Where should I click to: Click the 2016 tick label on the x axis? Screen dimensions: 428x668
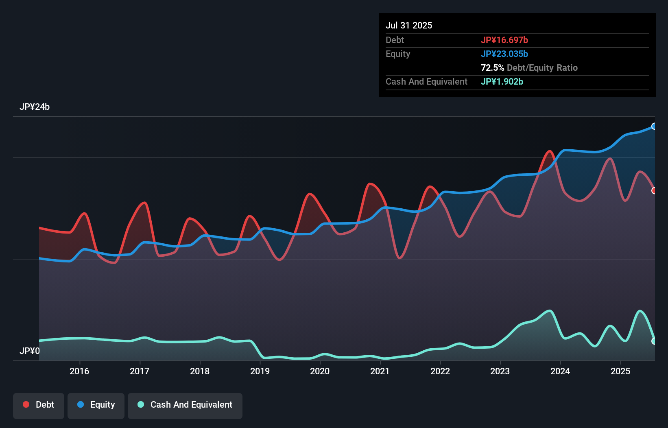click(79, 371)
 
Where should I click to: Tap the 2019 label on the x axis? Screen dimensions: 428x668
click(260, 371)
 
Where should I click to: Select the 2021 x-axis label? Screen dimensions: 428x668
click(380, 371)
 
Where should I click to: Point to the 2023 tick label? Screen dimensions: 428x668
click(500, 371)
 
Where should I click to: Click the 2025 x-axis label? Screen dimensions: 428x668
click(620, 371)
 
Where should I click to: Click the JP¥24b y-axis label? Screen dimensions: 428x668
click(35, 107)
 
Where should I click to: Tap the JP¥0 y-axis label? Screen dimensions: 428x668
click(30, 351)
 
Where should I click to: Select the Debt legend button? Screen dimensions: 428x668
click(39, 405)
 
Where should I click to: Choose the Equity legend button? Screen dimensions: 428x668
click(96, 405)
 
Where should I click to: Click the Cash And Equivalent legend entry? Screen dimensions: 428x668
click(185, 405)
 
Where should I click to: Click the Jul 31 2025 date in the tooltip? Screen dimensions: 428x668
click(408, 25)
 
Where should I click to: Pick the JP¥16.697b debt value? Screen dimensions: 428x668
click(504, 40)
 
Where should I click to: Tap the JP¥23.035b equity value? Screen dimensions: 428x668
click(504, 54)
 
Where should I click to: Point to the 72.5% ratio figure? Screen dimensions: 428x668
click(492, 68)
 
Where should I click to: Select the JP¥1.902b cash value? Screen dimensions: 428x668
click(502, 81)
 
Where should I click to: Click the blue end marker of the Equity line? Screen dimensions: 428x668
click(654, 126)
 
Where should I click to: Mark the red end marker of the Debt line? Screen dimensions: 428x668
click(654, 190)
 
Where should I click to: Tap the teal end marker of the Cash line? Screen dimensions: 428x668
click(654, 341)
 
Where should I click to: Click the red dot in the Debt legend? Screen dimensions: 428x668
click(26, 404)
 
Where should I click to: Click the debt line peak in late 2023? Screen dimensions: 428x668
click(550, 151)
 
